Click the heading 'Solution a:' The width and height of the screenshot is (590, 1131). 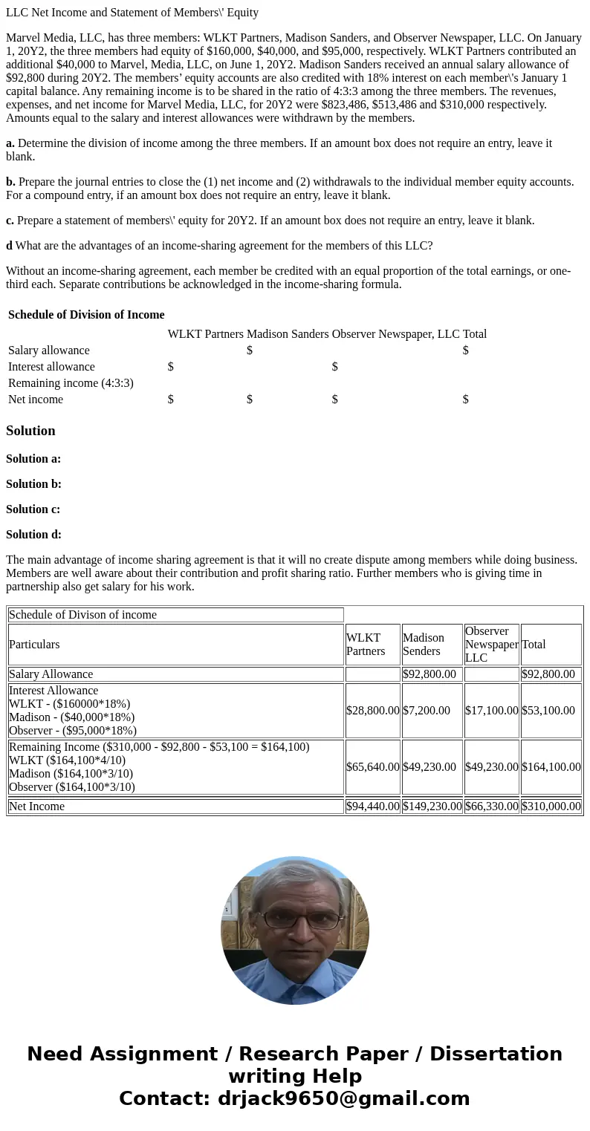point(33,459)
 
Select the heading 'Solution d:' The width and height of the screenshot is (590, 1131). point(33,535)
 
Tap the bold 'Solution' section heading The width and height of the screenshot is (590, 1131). point(30,431)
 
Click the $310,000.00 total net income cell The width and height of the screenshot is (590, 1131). point(551,806)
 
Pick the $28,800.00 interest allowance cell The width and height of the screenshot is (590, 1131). point(372,711)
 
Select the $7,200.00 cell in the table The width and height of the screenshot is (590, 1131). point(427,711)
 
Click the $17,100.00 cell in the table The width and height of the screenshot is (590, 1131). point(491,711)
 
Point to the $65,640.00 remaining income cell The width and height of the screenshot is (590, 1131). point(372,767)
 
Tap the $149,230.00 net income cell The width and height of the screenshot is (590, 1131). point(432,806)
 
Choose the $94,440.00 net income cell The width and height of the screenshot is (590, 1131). point(372,806)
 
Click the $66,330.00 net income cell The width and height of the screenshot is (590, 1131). point(491,806)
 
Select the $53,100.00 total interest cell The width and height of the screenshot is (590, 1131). point(551,711)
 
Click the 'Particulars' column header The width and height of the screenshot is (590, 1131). point(34,645)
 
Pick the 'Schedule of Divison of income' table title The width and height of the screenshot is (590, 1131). point(82,615)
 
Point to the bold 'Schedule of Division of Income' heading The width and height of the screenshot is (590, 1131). point(86,315)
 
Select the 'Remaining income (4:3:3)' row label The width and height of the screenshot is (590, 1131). point(71,383)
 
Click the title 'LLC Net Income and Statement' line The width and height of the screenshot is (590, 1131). point(132,13)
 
